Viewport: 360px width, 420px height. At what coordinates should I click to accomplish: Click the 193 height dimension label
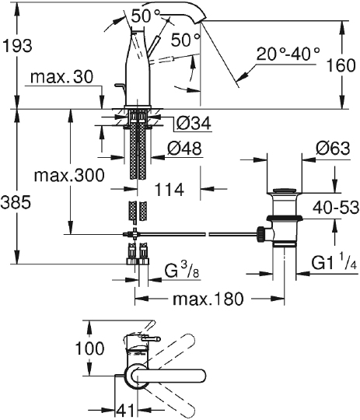(x=17, y=46)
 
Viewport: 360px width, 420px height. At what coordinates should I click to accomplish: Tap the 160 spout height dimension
(x=341, y=65)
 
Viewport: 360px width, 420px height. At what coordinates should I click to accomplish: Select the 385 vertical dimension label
(x=16, y=202)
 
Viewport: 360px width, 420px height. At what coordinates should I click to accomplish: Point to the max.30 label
(x=62, y=77)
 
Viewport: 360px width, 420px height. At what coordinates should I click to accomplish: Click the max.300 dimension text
(x=69, y=176)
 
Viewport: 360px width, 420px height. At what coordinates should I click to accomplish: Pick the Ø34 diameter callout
(x=194, y=123)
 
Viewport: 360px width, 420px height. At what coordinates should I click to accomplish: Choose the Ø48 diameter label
(x=184, y=148)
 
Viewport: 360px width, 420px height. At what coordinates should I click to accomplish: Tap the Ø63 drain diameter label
(x=333, y=148)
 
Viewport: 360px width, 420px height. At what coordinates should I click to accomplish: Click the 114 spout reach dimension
(x=170, y=190)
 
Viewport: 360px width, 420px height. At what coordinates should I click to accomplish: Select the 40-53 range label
(x=336, y=207)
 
